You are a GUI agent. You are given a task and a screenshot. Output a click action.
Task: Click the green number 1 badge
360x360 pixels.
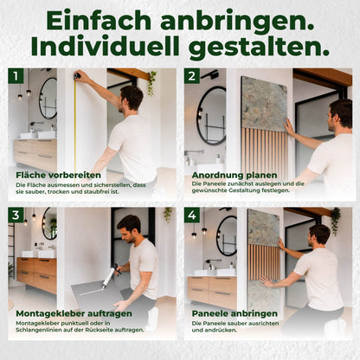click(16, 76)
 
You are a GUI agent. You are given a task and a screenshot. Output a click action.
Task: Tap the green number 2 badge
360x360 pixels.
click(192, 76)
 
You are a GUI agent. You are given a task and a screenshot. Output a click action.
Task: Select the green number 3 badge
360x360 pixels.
click(16, 215)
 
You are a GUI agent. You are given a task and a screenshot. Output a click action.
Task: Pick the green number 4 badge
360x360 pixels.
click(192, 215)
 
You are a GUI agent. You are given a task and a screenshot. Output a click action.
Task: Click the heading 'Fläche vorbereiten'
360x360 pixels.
click(59, 175)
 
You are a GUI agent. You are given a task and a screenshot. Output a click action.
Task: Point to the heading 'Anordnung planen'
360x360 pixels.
click(235, 175)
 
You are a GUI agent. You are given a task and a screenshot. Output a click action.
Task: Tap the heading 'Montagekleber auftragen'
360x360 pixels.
click(74, 313)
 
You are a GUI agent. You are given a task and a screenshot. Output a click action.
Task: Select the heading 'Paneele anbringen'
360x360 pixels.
click(235, 313)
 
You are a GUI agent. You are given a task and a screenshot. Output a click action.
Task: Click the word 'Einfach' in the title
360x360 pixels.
click(99, 21)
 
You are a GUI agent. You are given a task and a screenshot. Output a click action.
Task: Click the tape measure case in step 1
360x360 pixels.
click(78, 75)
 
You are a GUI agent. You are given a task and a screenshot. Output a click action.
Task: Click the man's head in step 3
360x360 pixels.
click(129, 228)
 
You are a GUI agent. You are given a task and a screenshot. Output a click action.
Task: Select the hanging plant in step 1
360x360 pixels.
click(151, 83)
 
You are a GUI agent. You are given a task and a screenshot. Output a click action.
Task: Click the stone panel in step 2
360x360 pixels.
click(264, 103)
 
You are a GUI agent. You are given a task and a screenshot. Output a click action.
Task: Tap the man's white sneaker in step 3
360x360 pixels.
click(153, 318)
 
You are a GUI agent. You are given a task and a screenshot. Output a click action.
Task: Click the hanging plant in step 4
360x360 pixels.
click(335, 221)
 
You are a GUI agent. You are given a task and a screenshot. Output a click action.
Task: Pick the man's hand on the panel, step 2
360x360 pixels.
click(289, 127)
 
